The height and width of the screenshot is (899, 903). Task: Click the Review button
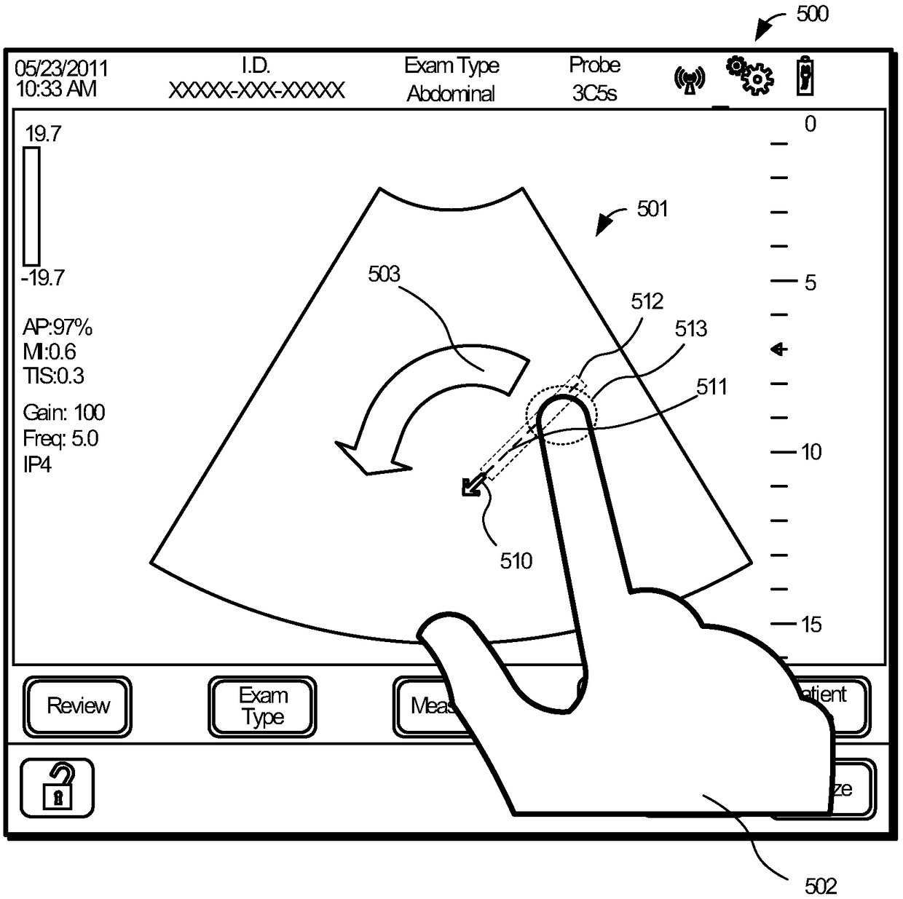78,705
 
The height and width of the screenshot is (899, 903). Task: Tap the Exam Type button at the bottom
263,706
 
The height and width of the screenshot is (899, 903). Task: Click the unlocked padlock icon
58,788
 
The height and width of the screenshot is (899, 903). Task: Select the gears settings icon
749,75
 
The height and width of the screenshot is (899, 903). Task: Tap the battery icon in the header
805,76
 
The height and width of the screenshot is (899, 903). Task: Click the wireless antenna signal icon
690,79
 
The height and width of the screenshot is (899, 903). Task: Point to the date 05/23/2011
61,68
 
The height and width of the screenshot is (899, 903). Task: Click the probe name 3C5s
594,93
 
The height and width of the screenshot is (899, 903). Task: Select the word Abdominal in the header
451,93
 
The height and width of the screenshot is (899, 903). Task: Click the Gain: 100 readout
64,413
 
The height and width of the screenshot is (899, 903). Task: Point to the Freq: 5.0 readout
60,438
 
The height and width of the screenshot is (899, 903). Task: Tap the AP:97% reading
58,328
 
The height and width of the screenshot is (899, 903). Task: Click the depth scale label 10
811,452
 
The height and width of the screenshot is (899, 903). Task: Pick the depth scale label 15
811,624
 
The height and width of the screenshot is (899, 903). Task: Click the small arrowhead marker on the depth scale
779,349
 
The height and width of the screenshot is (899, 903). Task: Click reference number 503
384,274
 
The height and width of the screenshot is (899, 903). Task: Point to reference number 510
516,561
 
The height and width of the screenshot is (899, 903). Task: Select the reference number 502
821,885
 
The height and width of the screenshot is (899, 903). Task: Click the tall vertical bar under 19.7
31,206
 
